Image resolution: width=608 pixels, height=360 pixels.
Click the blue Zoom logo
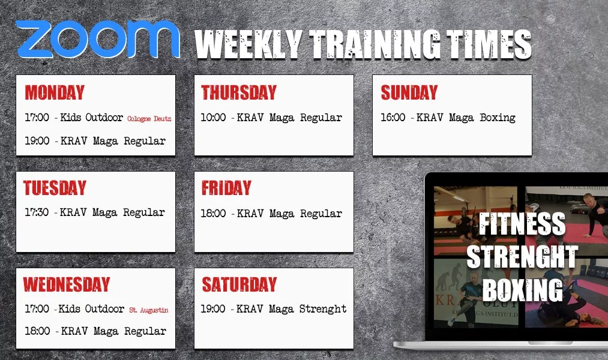click(x=98, y=39)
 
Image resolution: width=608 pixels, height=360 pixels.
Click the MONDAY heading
click(x=55, y=92)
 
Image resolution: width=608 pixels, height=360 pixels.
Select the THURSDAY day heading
click(x=239, y=92)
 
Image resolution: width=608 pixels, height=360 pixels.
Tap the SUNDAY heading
click(x=409, y=92)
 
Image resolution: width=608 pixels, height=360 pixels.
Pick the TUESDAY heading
click(x=55, y=188)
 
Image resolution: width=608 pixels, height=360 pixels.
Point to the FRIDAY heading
click(x=226, y=188)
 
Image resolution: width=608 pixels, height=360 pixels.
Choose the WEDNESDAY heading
click(x=67, y=284)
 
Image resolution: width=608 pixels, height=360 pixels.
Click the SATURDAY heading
click(x=239, y=284)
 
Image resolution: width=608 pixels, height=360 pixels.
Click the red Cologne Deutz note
click(x=149, y=119)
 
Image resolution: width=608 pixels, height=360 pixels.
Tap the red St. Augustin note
click(x=149, y=310)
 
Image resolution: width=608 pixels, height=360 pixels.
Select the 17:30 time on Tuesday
click(x=37, y=212)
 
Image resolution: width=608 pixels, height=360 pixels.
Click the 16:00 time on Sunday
click(x=393, y=117)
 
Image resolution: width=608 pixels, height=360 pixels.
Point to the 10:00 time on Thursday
click(x=213, y=117)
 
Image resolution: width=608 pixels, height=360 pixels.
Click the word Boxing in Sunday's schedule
click(x=498, y=118)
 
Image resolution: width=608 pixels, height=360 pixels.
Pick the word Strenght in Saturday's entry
click(x=323, y=309)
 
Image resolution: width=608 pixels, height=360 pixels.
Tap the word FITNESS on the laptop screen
click(x=522, y=224)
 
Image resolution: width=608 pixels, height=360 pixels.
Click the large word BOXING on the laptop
click(x=523, y=290)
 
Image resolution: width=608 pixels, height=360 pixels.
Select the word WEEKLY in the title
click(x=248, y=44)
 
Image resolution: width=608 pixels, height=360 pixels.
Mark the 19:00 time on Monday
click(x=37, y=140)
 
